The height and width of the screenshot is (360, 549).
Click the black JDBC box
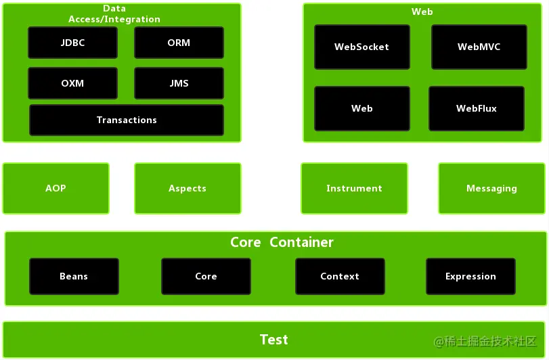tap(72, 43)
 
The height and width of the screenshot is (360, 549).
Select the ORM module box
tap(179, 43)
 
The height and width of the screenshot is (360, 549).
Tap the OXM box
tap(72, 83)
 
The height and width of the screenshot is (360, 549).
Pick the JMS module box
tap(179, 83)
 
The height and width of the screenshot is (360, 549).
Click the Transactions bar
tap(127, 120)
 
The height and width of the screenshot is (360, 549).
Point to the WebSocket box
tap(362, 47)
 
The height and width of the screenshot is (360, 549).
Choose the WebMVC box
tap(479, 47)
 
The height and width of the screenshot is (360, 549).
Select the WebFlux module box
tap(477, 108)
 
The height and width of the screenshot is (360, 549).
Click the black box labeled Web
tap(362, 108)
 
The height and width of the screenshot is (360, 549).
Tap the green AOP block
tap(56, 188)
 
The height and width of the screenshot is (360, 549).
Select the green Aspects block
tap(188, 188)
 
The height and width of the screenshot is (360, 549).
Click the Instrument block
tap(354, 188)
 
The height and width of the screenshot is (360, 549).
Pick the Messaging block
tap(491, 188)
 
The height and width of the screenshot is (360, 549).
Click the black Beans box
tap(74, 276)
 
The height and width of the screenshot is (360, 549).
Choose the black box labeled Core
tap(206, 276)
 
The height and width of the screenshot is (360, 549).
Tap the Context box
tap(340, 276)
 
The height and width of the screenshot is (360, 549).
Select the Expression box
tap(470, 276)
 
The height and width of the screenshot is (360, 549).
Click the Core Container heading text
tap(282, 242)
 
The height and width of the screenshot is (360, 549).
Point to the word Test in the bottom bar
tap(274, 340)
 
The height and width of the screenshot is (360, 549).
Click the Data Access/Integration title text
tap(114, 14)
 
